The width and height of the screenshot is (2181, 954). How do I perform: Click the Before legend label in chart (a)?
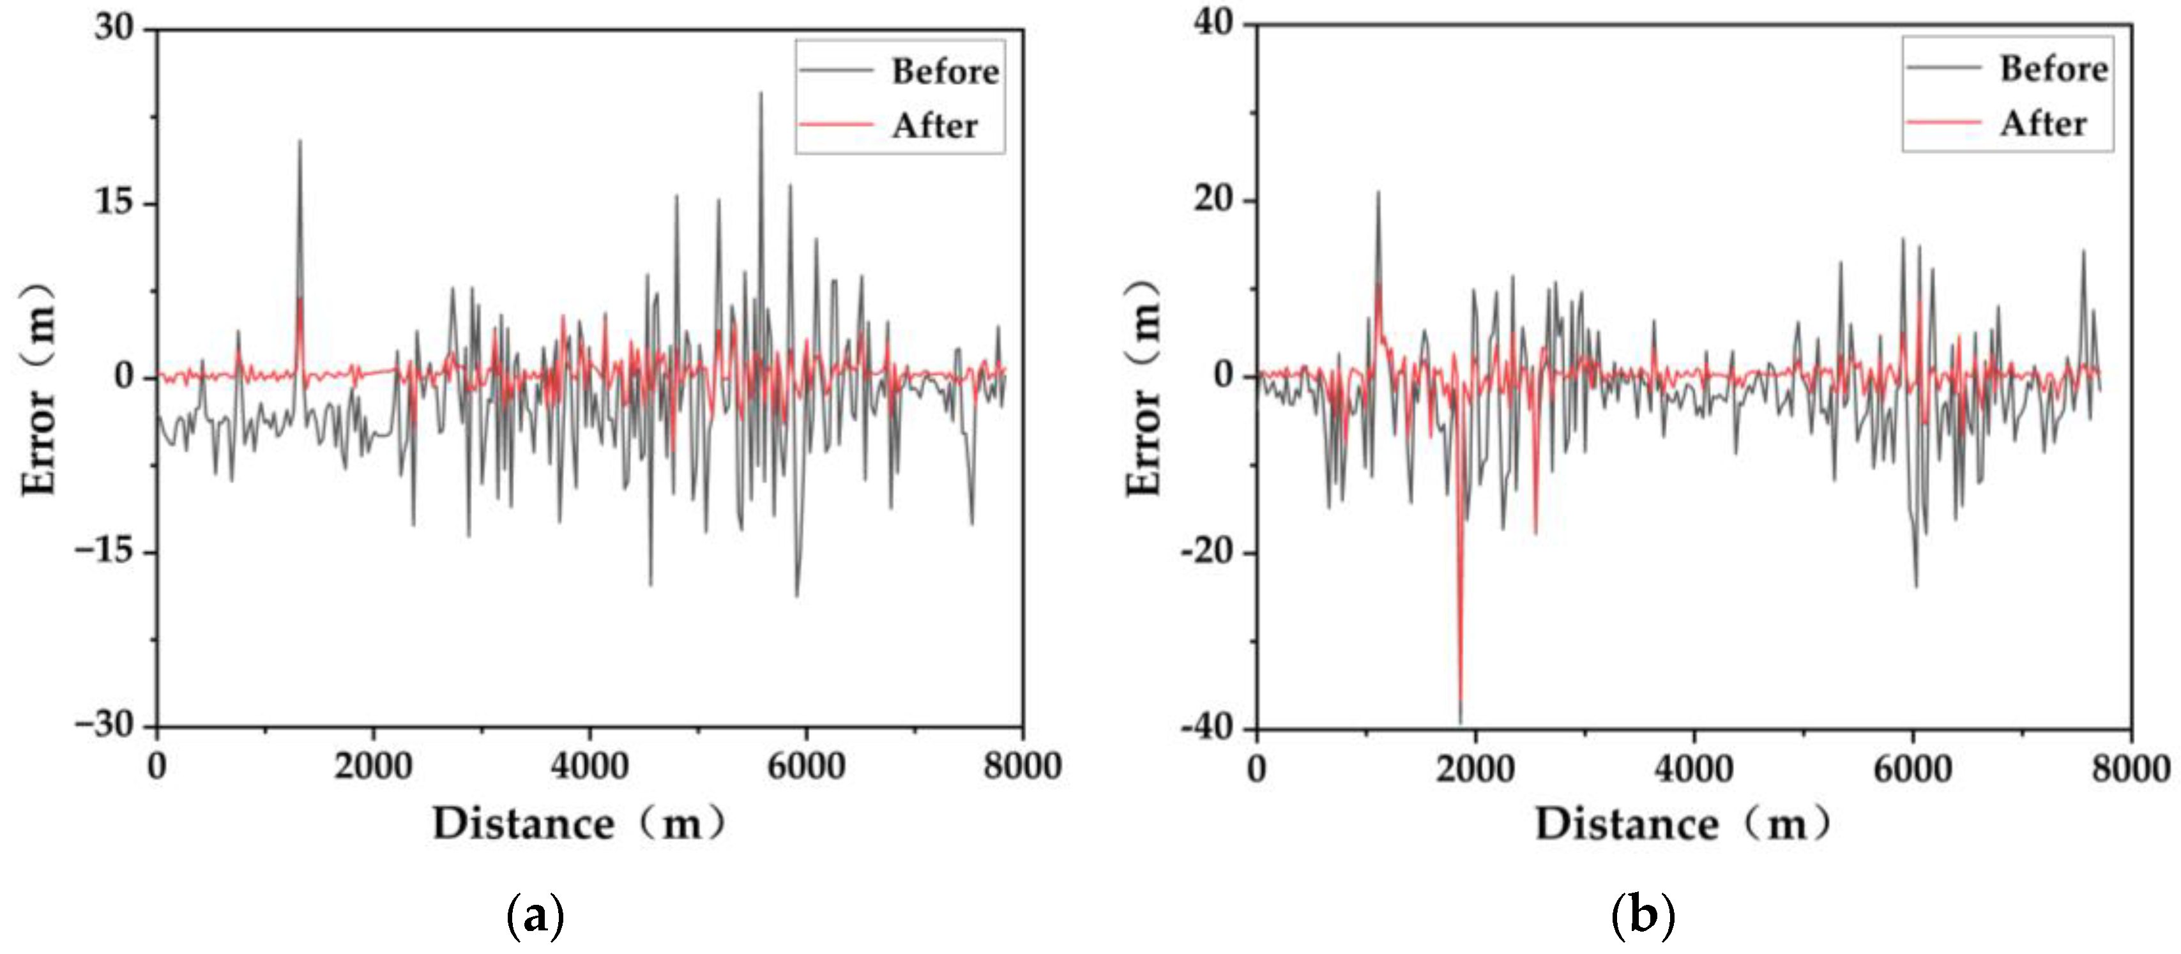pos(945,71)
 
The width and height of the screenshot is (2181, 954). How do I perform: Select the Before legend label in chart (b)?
pos(2053,68)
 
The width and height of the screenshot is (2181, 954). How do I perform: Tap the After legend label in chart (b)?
pos(2042,124)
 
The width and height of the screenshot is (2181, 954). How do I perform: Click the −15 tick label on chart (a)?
pos(104,551)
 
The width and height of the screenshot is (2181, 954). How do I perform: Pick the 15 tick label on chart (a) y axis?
pos(114,202)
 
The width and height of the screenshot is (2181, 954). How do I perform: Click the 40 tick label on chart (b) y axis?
pos(1213,23)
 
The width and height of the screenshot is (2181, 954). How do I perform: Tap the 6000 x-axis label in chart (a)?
pos(805,766)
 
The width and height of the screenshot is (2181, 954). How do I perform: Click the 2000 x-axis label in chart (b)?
pos(1475,769)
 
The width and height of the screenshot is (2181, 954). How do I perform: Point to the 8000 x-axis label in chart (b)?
pos(2130,769)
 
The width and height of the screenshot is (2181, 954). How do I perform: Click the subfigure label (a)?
pos(535,915)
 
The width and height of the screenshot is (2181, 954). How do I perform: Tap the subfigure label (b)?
pos(1643,915)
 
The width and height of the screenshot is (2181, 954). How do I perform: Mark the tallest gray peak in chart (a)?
pos(760,94)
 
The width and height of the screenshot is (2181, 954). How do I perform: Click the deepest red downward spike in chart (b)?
pos(1461,702)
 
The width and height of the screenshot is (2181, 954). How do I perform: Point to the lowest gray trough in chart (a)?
pos(796,595)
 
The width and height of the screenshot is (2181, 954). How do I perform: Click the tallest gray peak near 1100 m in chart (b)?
pos(1378,193)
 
